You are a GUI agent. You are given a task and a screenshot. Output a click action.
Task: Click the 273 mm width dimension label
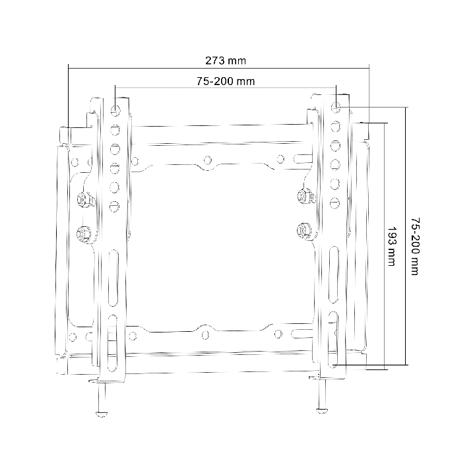(x=226, y=61)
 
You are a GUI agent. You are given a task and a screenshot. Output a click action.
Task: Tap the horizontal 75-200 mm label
(x=226, y=81)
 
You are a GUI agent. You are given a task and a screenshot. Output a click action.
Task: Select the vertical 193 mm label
(x=393, y=246)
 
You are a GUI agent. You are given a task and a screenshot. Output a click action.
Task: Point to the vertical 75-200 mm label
(x=415, y=246)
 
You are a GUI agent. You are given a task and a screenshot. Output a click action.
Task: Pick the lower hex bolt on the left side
(x=84, y=234)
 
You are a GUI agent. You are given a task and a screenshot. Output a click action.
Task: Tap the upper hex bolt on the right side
(x=305, y=196)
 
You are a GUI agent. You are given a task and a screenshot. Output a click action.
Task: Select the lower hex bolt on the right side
(x=304, y=230)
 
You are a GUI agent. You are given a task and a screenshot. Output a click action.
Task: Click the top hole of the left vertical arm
(x=115, y=110)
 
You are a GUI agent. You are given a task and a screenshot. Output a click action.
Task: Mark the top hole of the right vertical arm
(x=336, y=108)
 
